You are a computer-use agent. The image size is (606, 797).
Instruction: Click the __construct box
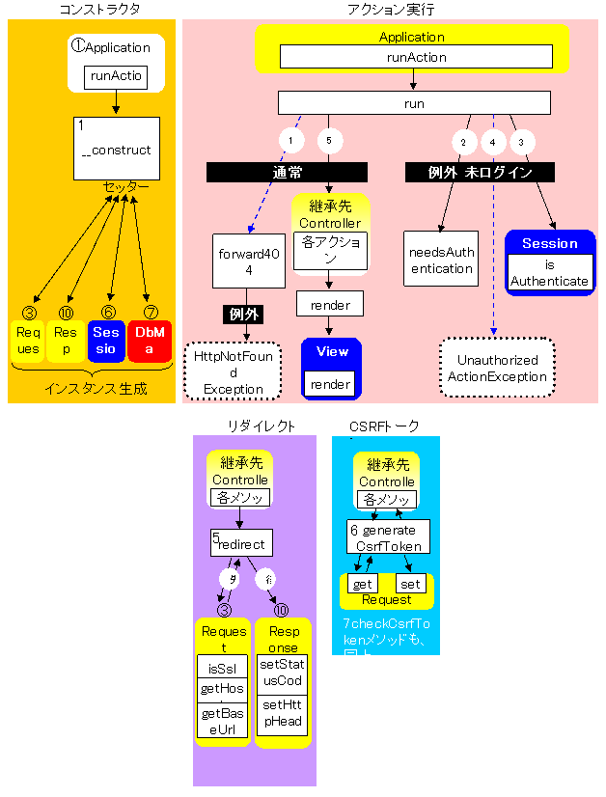click(x=116, y=149)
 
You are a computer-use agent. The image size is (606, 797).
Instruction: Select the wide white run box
click(x=414, y=103)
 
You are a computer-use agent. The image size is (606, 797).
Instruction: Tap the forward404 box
click(x=249, y=260)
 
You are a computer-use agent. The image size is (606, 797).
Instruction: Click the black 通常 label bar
click(x=287, y=173)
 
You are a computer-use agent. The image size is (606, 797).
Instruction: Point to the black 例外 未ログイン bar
click(x=481, y=173)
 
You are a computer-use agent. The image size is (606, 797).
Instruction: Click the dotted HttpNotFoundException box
click(x=234, y=371)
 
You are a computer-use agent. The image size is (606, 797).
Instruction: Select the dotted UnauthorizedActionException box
click(x=496, y=369)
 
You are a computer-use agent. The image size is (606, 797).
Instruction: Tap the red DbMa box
click(x=149, y=342)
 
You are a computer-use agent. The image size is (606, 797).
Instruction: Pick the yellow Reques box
click(x=27, y=342)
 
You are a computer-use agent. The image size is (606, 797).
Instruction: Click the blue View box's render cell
click(x=331, y=384)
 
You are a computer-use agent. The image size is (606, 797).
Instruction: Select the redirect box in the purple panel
click(x=242, y=542)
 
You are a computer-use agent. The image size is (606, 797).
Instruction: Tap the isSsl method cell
click(x=223, y=667)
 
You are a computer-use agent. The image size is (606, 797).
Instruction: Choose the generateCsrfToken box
click(x=388, y=536)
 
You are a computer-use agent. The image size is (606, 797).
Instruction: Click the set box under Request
click(x=411, y=584)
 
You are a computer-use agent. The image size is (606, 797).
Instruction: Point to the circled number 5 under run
click(x=330, y=141)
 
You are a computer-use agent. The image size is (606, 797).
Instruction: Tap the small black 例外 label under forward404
click(x=242, y=315)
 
